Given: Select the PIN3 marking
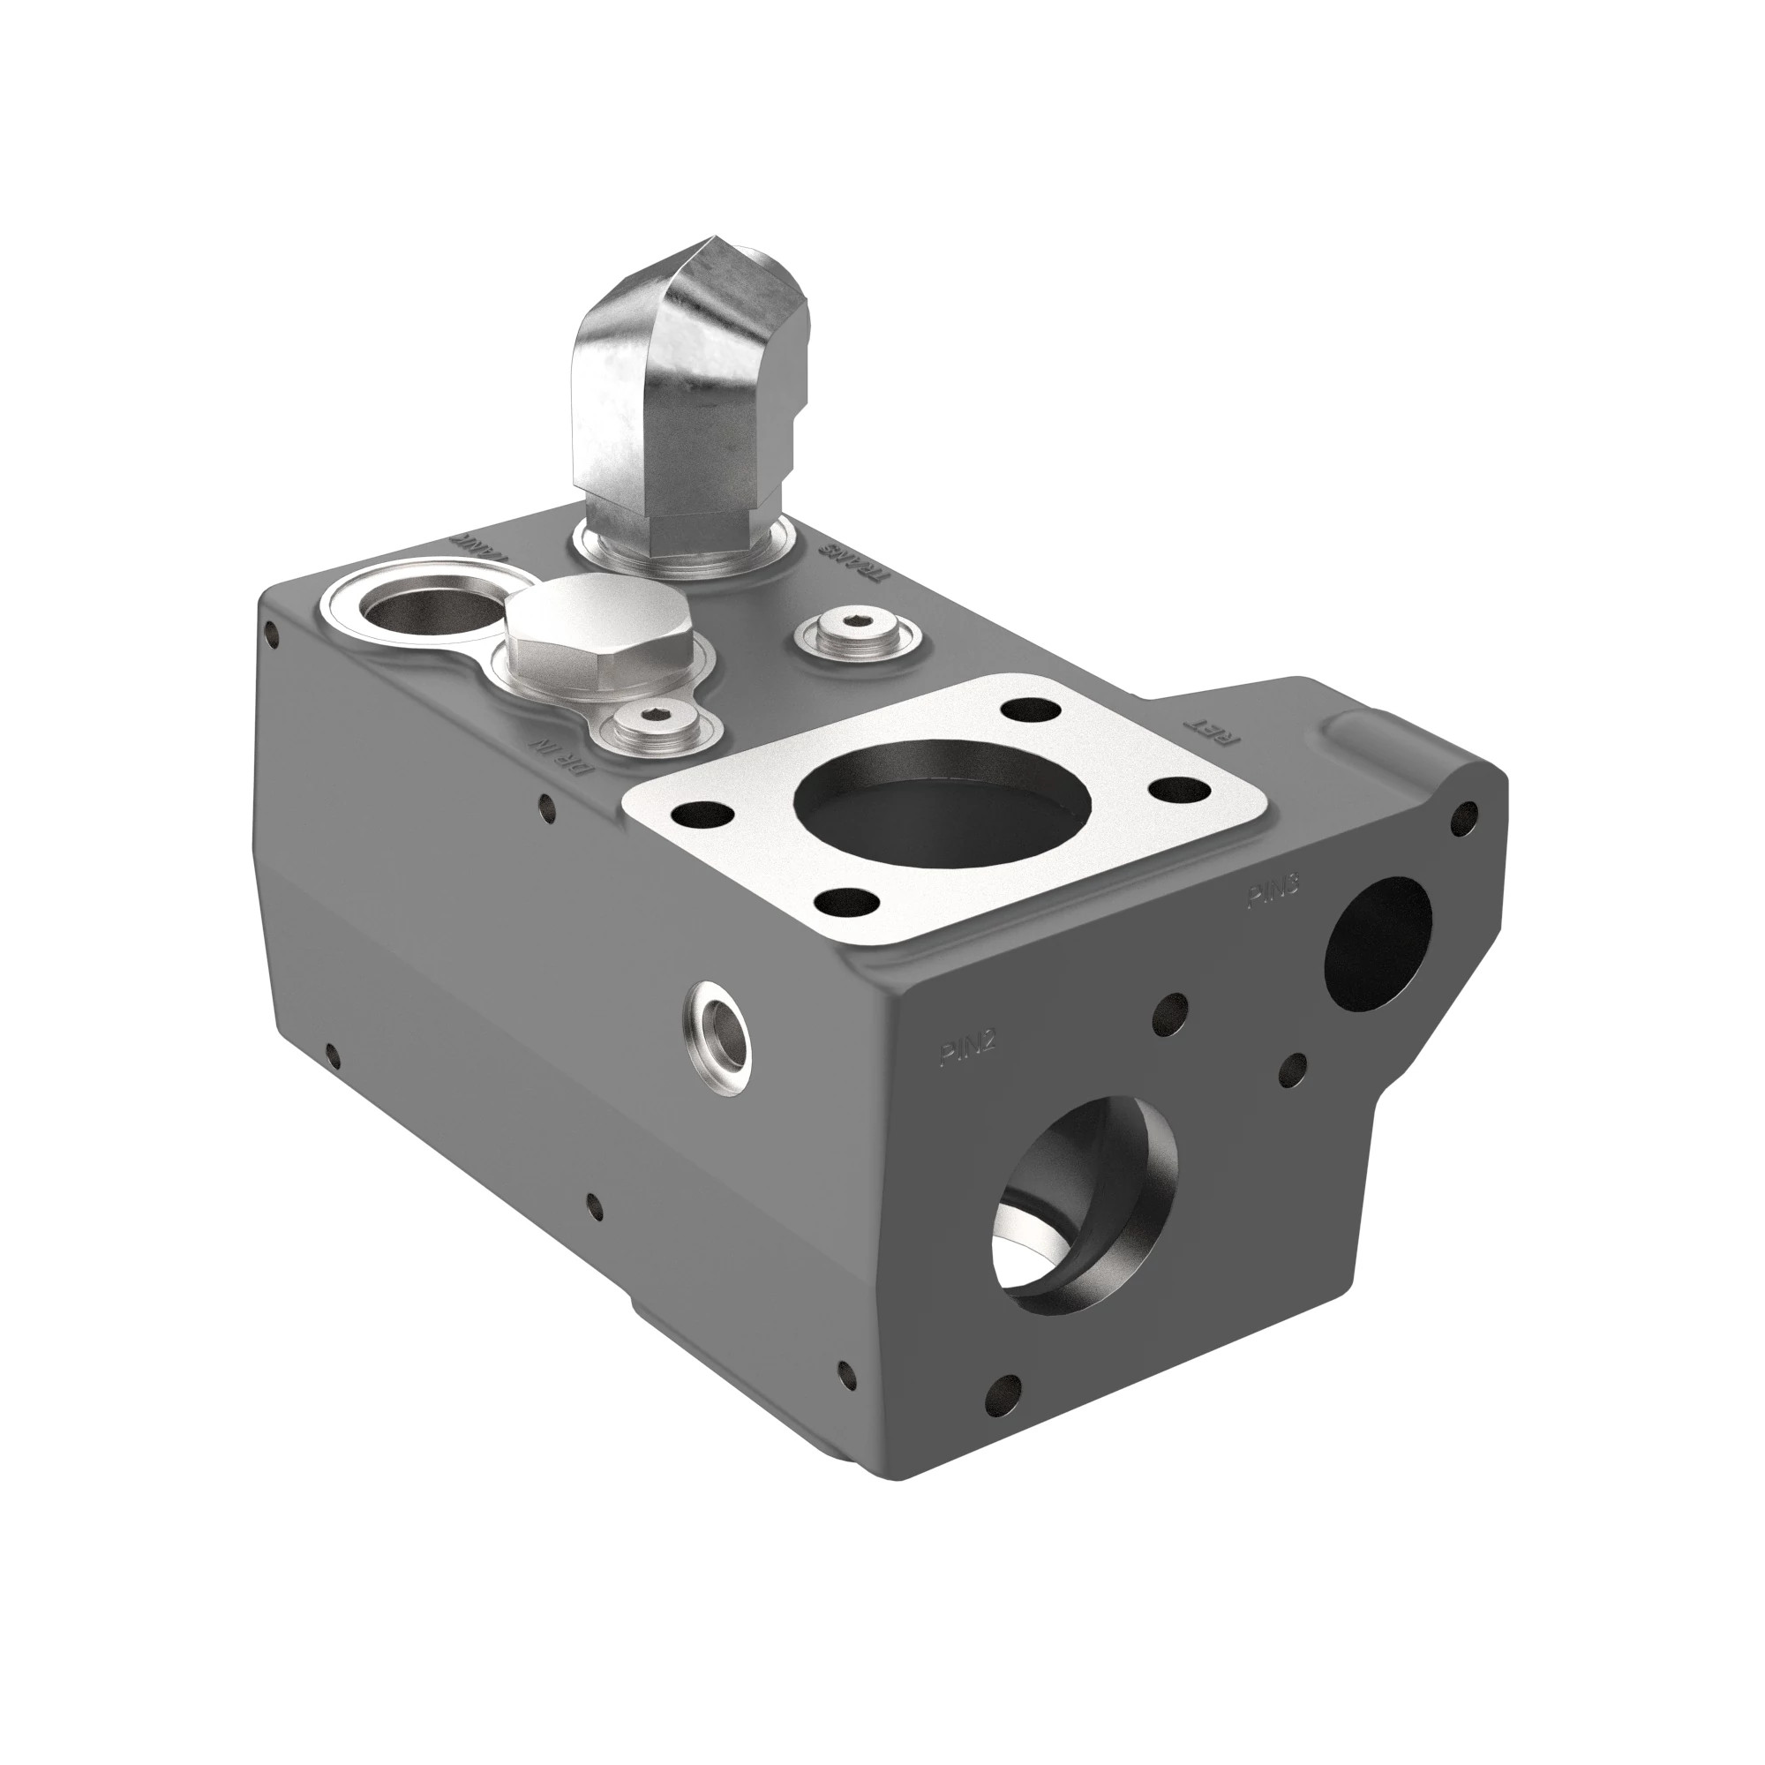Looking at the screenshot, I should point(1273,891).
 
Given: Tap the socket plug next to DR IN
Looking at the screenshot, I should point(655,725).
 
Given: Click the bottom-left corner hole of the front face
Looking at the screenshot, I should point(1005,1418).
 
